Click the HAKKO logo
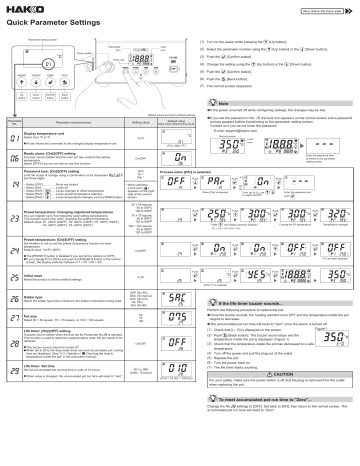(x=19, y=10)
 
